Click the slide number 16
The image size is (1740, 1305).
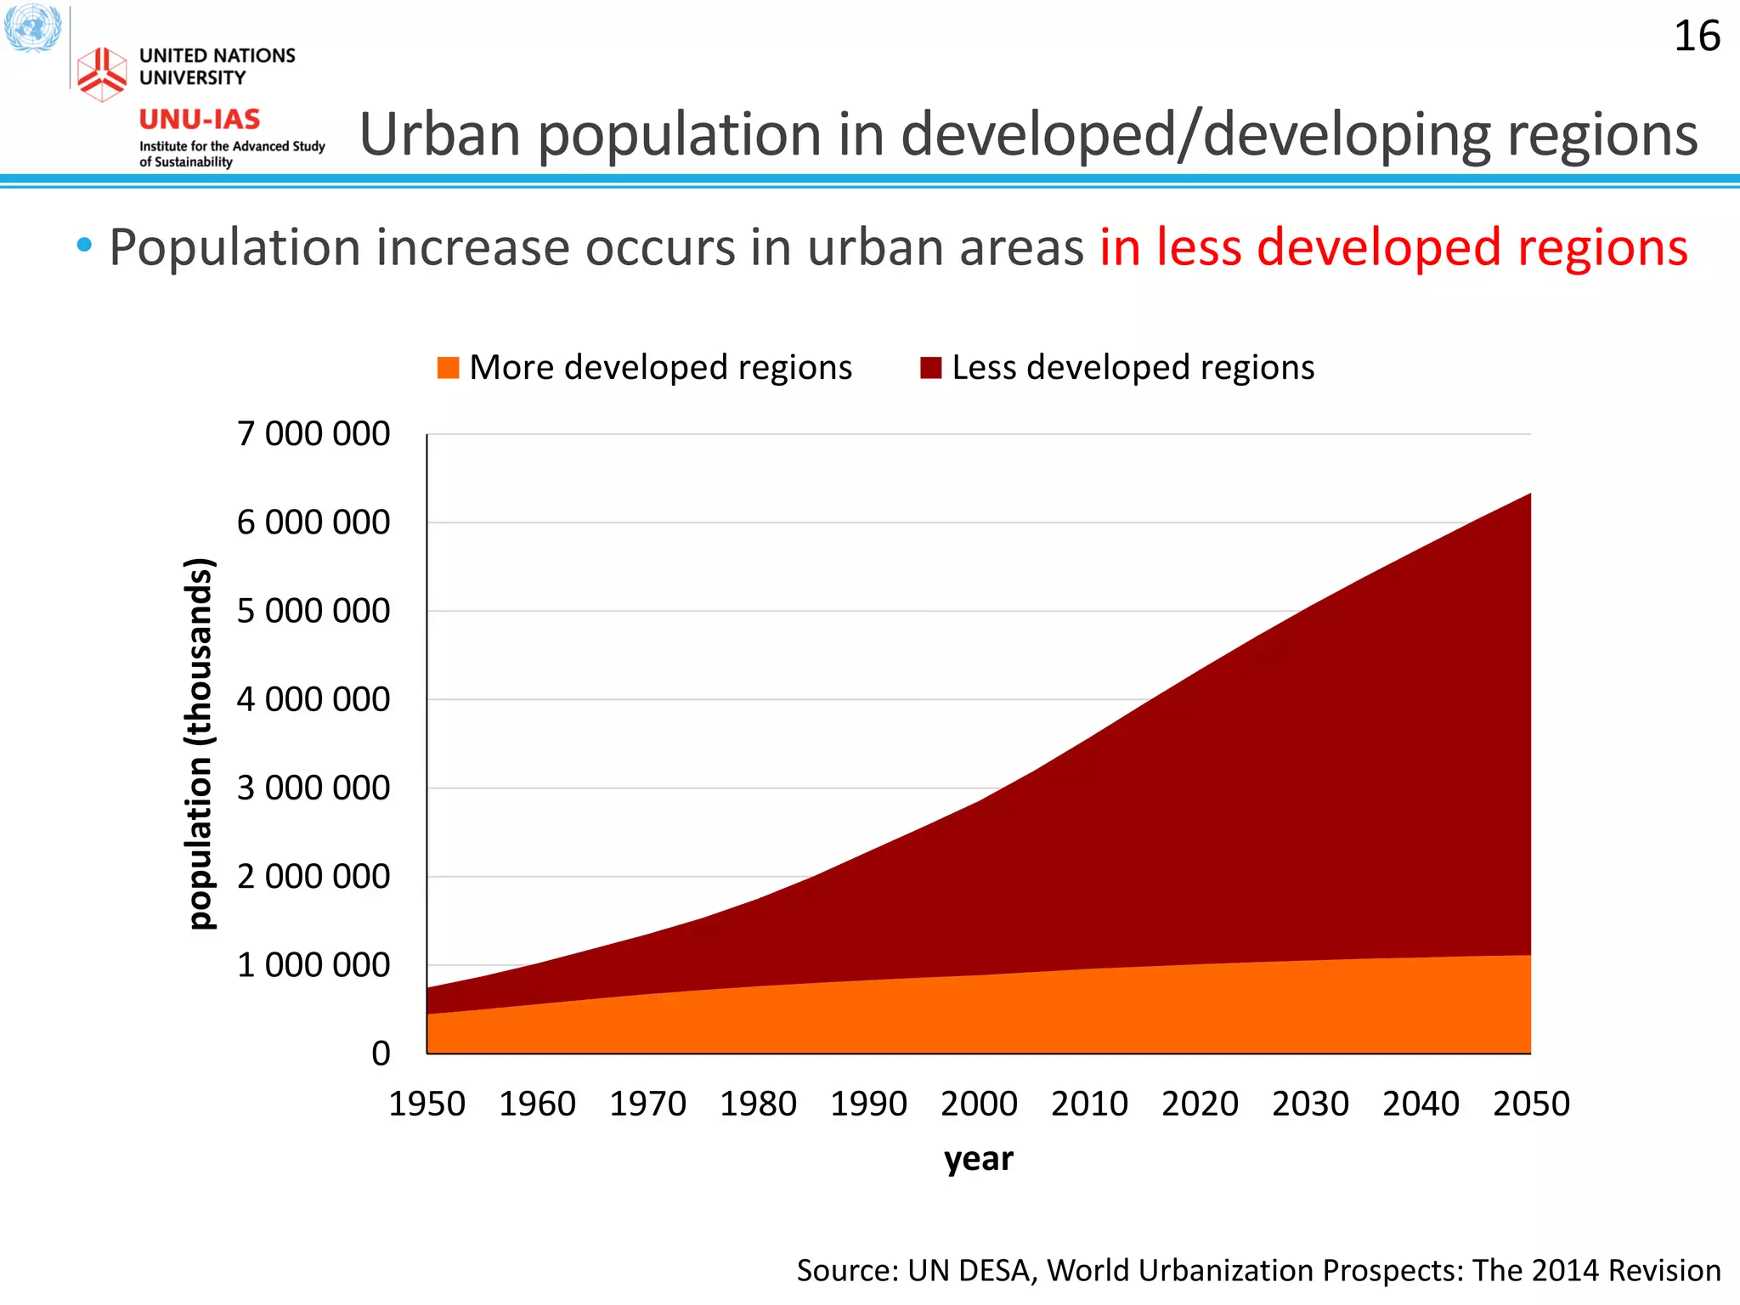pos(1697,37)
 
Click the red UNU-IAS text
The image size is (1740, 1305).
pos(200,119)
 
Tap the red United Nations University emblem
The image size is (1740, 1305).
pos(102,73)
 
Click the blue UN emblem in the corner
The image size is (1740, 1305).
pos(32,27)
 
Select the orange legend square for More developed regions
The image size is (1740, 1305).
pos(448,368)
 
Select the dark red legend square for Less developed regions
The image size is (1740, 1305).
pos(930,368)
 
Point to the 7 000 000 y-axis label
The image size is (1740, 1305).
pos(314,433)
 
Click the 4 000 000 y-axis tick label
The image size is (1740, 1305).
pos(314,699)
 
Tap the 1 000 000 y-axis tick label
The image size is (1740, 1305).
pos(314,965)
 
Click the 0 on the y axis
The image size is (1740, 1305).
pos(381,1054)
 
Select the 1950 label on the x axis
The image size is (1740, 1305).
pos(427,1104)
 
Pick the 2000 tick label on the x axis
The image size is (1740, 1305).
pos(979,1104)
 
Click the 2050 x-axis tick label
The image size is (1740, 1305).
pos(1531,1104)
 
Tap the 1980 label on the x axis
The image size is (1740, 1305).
pos(758,1104)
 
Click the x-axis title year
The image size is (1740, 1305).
pos(979,1159)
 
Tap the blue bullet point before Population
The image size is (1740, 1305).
pos(83,246)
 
